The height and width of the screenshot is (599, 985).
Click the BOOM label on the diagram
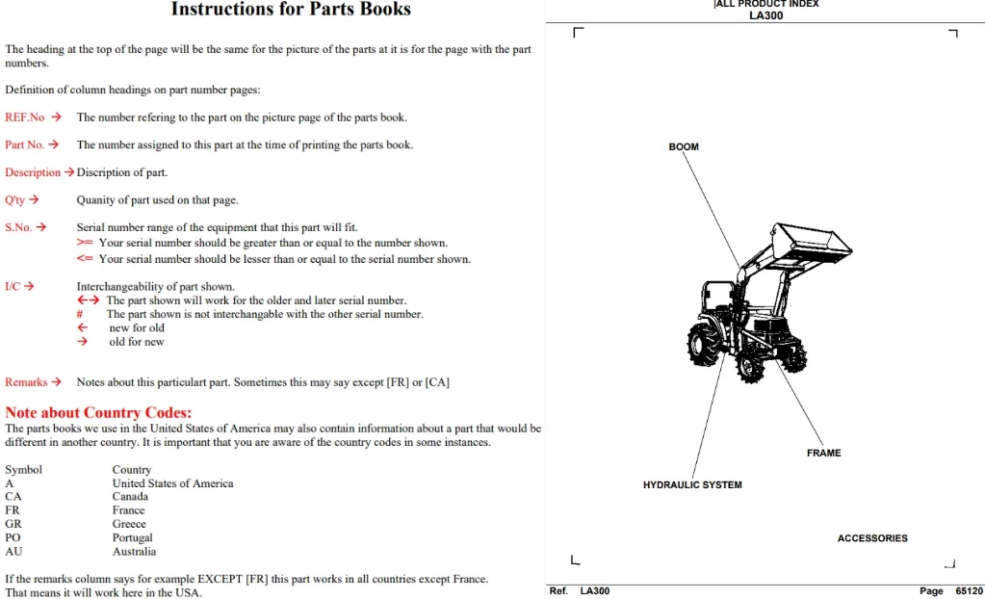[x=684, y=146]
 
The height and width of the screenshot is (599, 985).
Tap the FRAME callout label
[x=823, y=453]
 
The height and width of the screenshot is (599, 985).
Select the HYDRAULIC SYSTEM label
[x=692, y=484]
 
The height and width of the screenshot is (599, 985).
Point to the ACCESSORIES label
[x=872, y=538]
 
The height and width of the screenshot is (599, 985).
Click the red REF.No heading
[x=24, y=117]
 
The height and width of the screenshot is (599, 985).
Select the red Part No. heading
[x=24, y=144]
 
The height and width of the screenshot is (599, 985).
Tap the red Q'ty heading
[x=15, y=200]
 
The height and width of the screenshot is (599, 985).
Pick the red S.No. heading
[x=18, y=227]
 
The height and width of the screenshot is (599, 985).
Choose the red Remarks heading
[x=26, y=381]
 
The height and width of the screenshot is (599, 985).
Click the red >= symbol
[x=85, y=243]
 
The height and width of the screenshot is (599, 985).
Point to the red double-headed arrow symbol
[x=88, y=300]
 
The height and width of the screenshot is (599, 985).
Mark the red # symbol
[x=80, y=314]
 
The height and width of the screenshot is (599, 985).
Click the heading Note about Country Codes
[x=98, y=412]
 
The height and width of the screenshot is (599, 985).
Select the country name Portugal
[x=132, y=537]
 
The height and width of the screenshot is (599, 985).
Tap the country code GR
[x=13, y=524]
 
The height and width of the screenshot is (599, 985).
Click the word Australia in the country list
[x=134, y=551]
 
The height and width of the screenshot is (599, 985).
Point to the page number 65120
[x=969, y=591]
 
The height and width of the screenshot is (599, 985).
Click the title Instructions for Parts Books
[x=291, y=9]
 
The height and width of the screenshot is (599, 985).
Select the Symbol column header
[x=23, y=470]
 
